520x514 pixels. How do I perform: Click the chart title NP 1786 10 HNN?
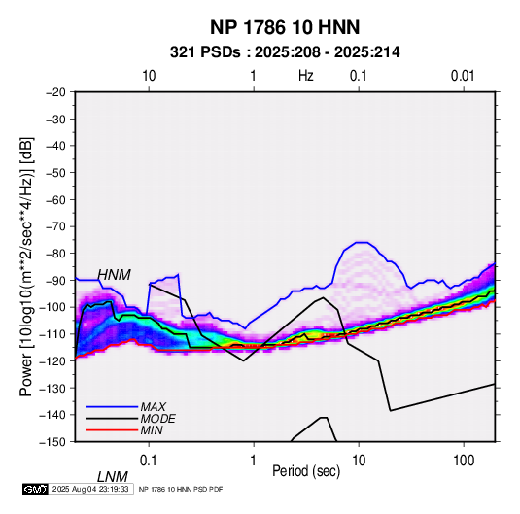tap(285, 27)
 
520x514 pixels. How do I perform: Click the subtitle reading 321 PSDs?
tap(205, 52)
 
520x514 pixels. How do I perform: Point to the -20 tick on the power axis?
tap(55, 92)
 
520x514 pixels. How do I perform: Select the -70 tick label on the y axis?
tap(55, 226)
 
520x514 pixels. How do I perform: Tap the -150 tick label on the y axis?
tap(52, 442)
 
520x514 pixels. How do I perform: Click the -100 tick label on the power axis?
tap(52, 307)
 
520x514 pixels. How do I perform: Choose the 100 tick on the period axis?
tap(464, 461)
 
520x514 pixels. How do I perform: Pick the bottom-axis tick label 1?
tap(254, 461)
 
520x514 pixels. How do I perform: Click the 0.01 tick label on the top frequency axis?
tap(463, 76)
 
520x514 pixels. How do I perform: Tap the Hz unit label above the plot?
tap(306, 76)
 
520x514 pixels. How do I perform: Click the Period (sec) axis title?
tap(306, 471)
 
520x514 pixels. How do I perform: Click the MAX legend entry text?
tap(153, 407)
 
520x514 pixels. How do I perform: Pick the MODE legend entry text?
tap(157, 419)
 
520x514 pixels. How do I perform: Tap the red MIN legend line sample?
tap(112, 430)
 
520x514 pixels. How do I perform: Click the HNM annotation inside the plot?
tap(114, 275)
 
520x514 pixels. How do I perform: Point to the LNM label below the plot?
tap(112, 477)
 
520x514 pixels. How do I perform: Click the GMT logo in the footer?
tap(35, 489)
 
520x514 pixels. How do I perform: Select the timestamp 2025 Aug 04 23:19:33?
tap(90, 489)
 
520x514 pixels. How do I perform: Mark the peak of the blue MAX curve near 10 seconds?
tap(362, 242)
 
